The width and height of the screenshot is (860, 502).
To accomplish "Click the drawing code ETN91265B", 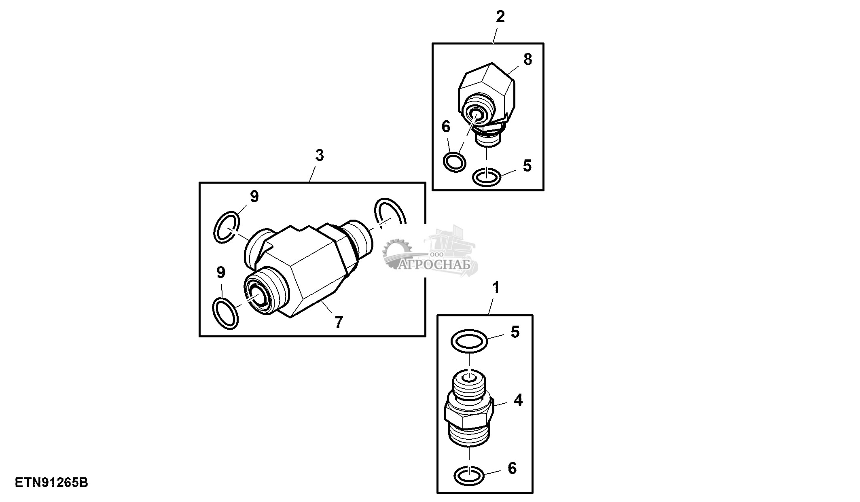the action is pyautogui.click(x=51, y=483).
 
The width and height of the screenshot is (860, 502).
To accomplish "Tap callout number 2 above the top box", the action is pyautogui.click(x=500, y=17).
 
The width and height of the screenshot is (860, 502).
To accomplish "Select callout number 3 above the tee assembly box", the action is pyautogui.click(x=320, y=155).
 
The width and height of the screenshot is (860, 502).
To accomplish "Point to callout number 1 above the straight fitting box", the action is pyautogui.click(x=496, y=288).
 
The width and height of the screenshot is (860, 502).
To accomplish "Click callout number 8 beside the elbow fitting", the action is pyautogui.click(x=527, y=59).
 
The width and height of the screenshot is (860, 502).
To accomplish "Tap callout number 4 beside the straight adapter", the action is pyautogui.click(x=518, y=400).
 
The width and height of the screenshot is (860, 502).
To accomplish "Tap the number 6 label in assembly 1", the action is pyautogui.click(x=512, y=468).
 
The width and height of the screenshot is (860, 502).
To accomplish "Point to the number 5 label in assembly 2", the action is pyautogui.click(x=527, y=165).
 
